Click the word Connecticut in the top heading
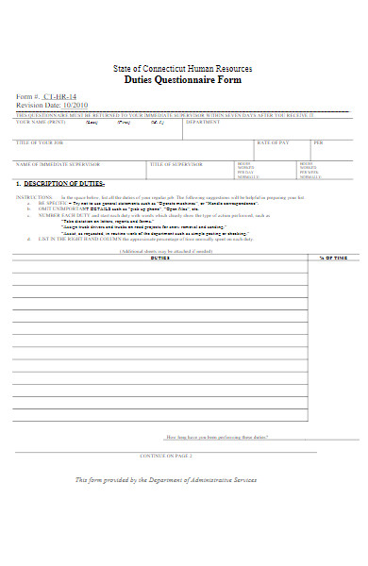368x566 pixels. pyautogui.click(x=174, y=69)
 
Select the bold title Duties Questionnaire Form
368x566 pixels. pyautogui.click(x=183, y=80)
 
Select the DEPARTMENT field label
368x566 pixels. pyautogui.click(x=203, y=122)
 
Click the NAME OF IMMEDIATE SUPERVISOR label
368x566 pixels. pyautogui.click(x=52, y=163)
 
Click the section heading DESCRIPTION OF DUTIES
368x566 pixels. pyautogui.click(x=63, y=183)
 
